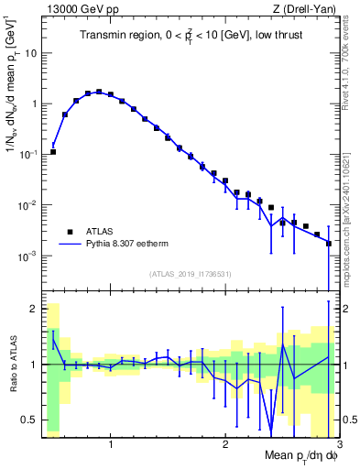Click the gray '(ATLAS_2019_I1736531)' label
(x=191, y=274)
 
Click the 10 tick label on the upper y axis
(x=28, y=53)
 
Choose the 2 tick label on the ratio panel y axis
(x=33, y=309)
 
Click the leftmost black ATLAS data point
(x=53, y=151)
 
